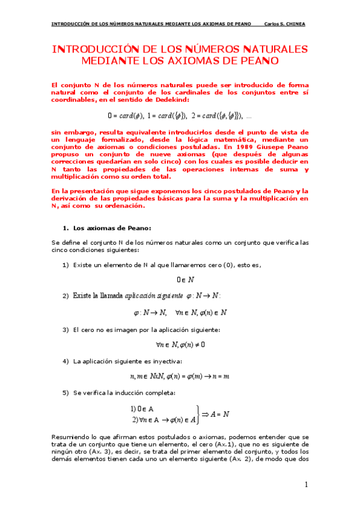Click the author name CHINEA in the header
[294, 24]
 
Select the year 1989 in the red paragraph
[241, 147]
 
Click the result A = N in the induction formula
[218, 414]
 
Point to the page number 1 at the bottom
[306, 485]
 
